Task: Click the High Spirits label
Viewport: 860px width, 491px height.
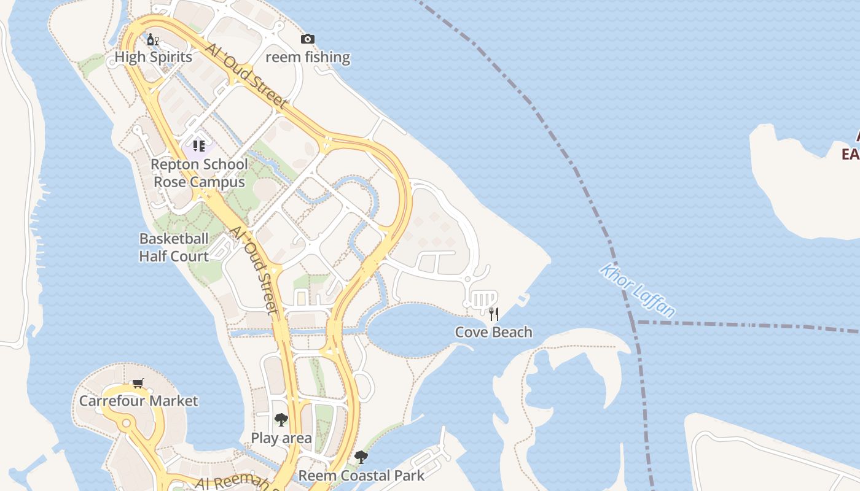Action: (154, 57)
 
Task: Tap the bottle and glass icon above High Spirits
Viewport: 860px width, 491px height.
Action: (153, 40)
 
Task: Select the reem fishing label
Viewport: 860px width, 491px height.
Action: (308, 57)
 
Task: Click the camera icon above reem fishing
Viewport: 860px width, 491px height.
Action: (308, 39)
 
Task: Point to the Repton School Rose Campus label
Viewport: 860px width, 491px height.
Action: (199, 173)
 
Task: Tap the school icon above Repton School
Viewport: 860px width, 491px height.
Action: (198, 145)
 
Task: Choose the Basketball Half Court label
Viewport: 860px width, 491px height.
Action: (174, 247)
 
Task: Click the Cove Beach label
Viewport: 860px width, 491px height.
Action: (493, 332)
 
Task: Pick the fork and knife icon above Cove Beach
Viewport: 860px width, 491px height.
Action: (493, 314)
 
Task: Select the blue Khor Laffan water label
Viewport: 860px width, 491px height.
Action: (638, 291)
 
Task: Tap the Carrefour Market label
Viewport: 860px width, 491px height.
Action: (139, 401)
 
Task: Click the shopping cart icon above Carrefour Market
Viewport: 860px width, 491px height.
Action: (138, 384)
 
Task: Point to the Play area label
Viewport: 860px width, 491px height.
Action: (281, 438)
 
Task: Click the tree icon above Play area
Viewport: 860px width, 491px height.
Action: (281, 420)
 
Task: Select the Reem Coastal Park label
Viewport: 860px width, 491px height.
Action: (361, 476)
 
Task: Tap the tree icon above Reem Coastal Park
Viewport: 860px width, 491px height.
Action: (361, 457)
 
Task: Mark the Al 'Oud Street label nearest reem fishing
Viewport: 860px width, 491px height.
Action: (246, 76)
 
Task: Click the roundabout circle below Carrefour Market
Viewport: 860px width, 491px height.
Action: (127, 423)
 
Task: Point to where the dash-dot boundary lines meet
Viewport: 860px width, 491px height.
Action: (634, 322)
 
